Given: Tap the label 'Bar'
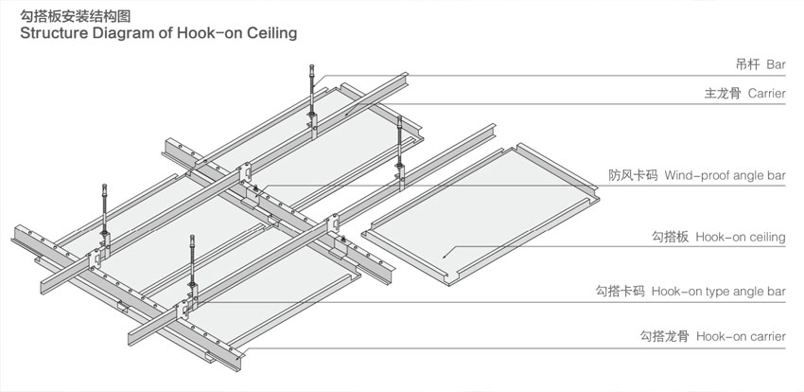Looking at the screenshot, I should coord(776,64).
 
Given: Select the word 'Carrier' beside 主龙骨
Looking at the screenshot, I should coord(766,94).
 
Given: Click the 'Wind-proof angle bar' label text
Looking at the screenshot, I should coord(725,175).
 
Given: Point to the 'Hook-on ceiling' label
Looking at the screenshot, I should coord(740,237).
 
